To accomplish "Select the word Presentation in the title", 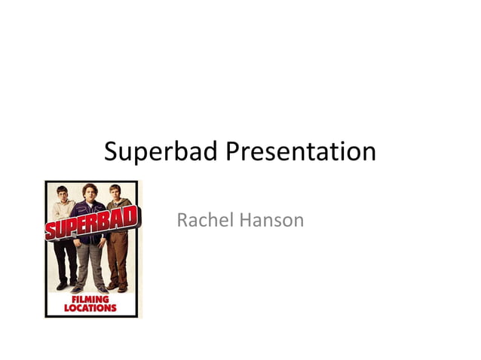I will pyautogui.click(x=299, y=151).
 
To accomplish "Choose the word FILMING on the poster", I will pyautogui.click(x=90, y=299).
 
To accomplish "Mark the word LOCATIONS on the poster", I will pyautogui.click(x=90, y=307).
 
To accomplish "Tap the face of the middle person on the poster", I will pyautogui.click(x=91, y=192).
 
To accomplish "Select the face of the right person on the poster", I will pyautogui.click(x=115, y=192).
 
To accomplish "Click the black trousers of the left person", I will pyautogui.click(x=66, y=260).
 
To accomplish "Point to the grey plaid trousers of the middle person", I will pyautogui.click(x=90, y=264).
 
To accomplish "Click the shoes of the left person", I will pyautogui.click(x=66, y=285).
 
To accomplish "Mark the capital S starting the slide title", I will pyautogui.click(x=111, y=151).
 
